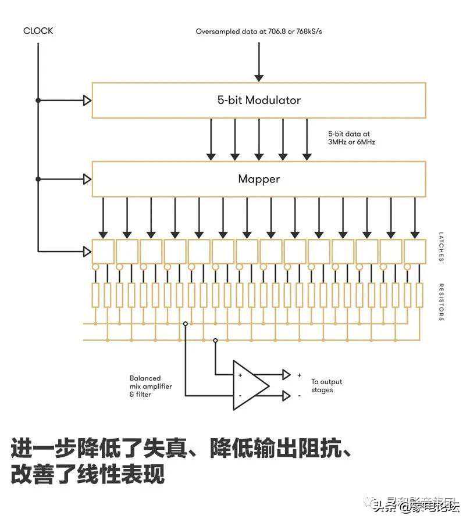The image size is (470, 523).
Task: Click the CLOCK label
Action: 38,31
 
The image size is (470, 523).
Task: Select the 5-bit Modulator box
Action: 259,101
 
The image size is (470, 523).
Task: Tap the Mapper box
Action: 259,179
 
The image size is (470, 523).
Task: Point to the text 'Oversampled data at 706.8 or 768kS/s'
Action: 259,31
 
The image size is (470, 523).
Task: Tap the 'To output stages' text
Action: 326,386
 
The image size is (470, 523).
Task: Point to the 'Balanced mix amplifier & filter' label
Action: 151,386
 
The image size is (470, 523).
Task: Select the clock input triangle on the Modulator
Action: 87,101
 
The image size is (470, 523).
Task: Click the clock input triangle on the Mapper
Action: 87,179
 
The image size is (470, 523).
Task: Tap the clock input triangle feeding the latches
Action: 87,252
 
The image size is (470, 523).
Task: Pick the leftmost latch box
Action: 103,251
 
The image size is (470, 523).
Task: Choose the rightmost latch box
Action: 415,251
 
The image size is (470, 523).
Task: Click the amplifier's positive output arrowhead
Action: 286,374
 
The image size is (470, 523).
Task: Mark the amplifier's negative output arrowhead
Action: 286,396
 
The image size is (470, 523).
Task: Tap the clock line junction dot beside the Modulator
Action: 38,101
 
